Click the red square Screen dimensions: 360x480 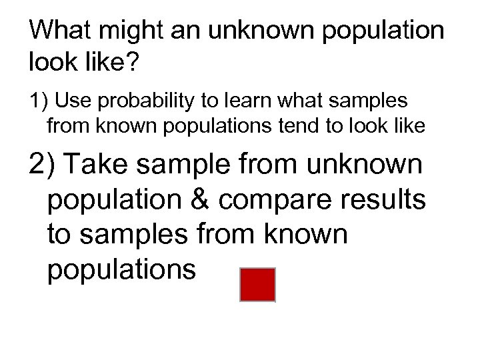pyautogui.click(x=257, y=285)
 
